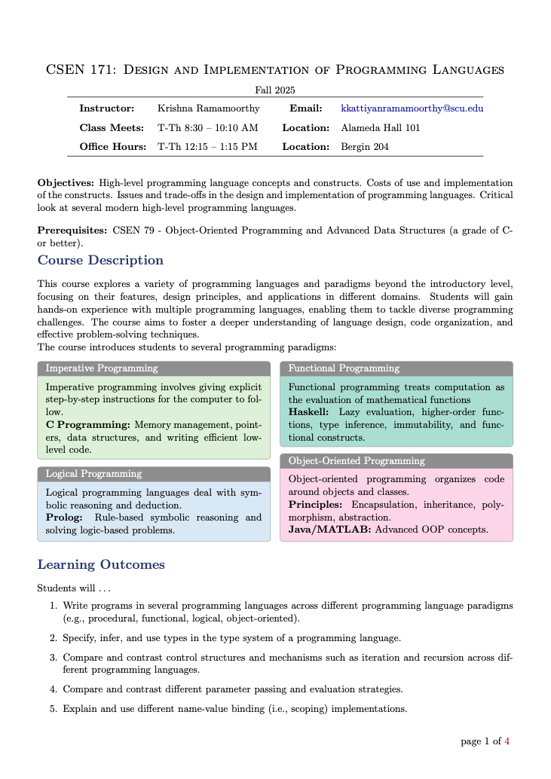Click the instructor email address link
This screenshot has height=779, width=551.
412,108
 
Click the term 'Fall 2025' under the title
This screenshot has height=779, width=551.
275,90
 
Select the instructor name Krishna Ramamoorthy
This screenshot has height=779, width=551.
208,108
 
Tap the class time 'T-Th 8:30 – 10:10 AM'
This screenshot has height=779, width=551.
207,128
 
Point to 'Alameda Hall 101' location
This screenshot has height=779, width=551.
381,128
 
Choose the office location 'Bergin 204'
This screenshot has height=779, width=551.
365,147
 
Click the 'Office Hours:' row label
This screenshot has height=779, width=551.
113,147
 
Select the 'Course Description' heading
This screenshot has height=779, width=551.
100,261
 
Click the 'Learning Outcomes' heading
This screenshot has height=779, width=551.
101,565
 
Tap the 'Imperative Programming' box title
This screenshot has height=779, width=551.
102,368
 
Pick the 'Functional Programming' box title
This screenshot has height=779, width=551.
344,368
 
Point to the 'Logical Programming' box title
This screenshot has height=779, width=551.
93,474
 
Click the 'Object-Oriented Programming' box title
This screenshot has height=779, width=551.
357,460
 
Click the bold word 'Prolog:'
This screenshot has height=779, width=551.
64,518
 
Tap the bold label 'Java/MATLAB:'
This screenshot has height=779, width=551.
329,530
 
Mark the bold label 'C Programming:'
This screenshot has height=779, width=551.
88,425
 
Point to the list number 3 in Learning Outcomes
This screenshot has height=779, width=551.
54,657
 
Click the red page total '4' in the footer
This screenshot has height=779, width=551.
507,741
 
